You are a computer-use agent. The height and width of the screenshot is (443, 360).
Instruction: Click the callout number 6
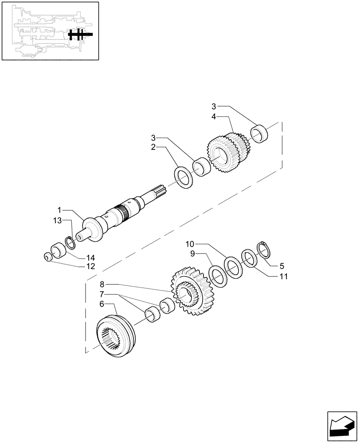pyautogui.click(x=102, y=304)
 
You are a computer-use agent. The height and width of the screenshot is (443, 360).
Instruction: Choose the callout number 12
pyautogui.click(x=90, y=267)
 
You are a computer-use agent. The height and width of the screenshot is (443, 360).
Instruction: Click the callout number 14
pyautogui.click(x=90, y=257)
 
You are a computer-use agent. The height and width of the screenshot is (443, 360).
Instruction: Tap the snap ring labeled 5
pyautogui.click(x=264, y=249)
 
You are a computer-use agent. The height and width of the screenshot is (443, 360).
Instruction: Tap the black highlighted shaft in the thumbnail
pyautogui.click(x=80, y=35)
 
